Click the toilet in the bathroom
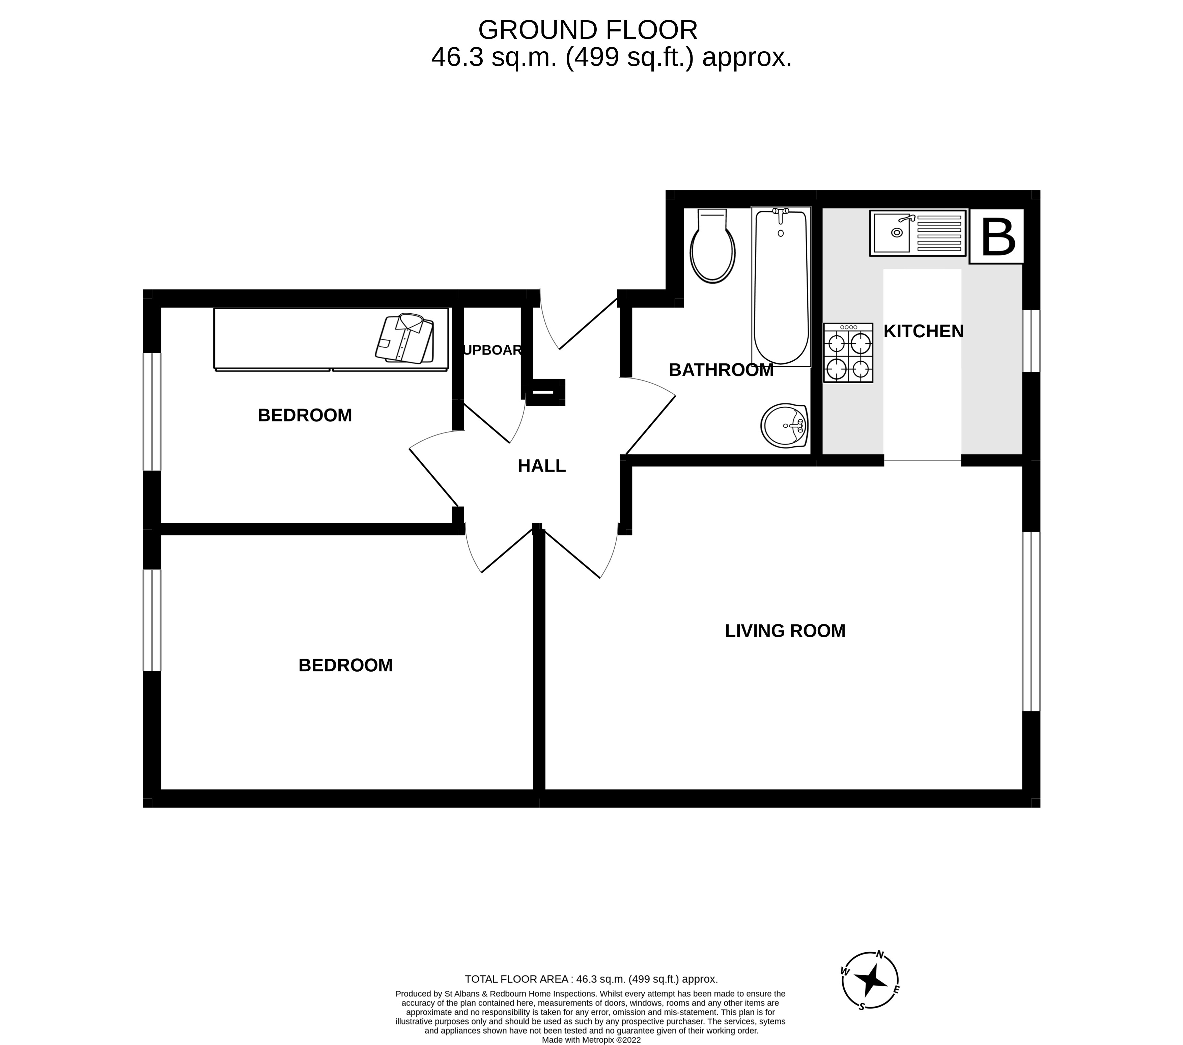(712, 248)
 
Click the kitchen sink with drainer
(917, 233)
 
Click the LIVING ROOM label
(785, 631)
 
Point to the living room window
(1031, 621)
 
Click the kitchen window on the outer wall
(1031, 341)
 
